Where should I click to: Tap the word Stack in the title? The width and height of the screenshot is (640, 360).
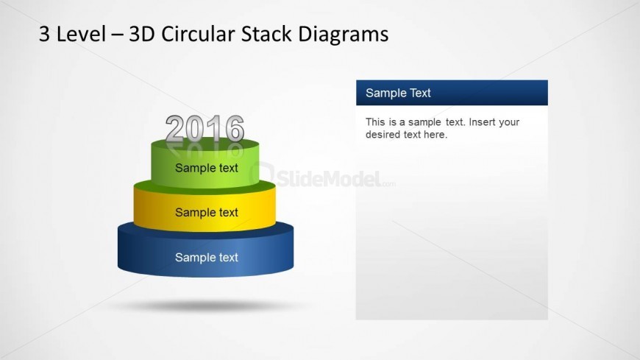pyautogui.click(x=266, y=34)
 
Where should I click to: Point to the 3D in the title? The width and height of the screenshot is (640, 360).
pyautogui.click(x=142, y=34)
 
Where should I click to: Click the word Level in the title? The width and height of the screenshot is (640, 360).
pyautogui.click(x=81, y=34)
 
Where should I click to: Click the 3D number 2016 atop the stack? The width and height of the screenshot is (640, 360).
pyautogui.click(x=205, y=129)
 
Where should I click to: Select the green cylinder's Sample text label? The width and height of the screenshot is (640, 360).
pyautogui.click(x=207, y=168)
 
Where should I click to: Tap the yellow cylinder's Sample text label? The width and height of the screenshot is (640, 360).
pyautogui.click(x=207, y=213)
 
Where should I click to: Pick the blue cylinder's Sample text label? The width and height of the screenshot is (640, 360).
pyautogui.click(x=207, y=258)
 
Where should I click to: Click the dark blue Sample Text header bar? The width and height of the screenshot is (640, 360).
pyautogui.click(x=452, y=93)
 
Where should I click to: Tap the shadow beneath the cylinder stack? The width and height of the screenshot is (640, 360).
pyautogui.click(x=207, y=306)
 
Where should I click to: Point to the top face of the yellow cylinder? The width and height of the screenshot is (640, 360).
pyautogui.click(x=205, y=187)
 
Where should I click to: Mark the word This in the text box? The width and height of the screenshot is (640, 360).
pyautogui.click(x=375, y=122)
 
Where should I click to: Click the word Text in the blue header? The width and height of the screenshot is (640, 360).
pyautogui.click(x=420, y=93)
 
